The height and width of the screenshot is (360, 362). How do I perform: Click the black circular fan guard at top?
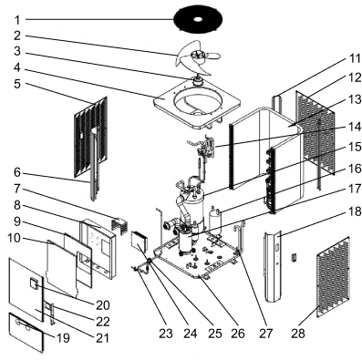198,19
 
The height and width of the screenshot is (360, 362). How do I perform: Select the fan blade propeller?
198,57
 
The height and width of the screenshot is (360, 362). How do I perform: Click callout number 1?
17,20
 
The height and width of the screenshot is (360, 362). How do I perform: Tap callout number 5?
17,84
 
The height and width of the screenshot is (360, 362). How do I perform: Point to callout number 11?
354,58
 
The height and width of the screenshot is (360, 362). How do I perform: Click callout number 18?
354,211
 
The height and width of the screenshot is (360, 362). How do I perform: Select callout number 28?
297,334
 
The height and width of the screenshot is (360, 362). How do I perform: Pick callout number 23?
166,334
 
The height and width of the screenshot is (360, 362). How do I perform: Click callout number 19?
63,338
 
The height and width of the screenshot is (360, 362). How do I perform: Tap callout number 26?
238,334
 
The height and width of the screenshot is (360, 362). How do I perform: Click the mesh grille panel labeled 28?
333,277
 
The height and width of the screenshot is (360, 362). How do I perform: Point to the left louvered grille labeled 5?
91,137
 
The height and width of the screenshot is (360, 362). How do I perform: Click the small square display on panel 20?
33,283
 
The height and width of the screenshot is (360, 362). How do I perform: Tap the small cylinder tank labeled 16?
215,219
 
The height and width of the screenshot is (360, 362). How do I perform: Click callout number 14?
354,127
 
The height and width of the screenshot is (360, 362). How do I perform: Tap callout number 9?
17,221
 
